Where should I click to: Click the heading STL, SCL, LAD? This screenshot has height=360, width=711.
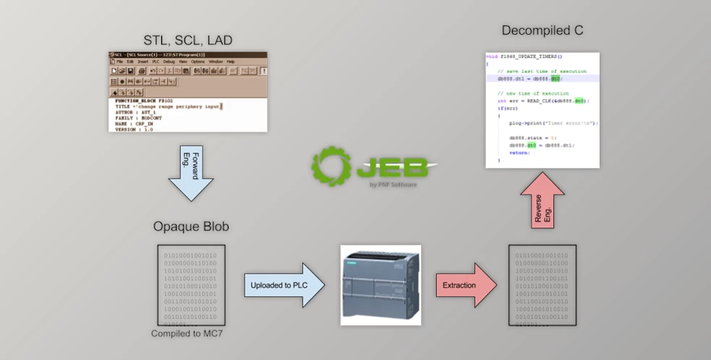point(188,40)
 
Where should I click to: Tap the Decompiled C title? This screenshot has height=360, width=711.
point(542,30)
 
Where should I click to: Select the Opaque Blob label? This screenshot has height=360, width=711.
point(191,226)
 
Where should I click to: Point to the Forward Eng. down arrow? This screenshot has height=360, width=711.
point(190,171)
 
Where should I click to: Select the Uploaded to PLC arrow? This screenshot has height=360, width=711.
point(283,285)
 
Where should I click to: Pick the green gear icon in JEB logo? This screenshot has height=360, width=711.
point(331,166)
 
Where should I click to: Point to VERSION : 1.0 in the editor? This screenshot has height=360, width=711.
point(135,129)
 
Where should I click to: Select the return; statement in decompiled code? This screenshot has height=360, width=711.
point(519,153)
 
